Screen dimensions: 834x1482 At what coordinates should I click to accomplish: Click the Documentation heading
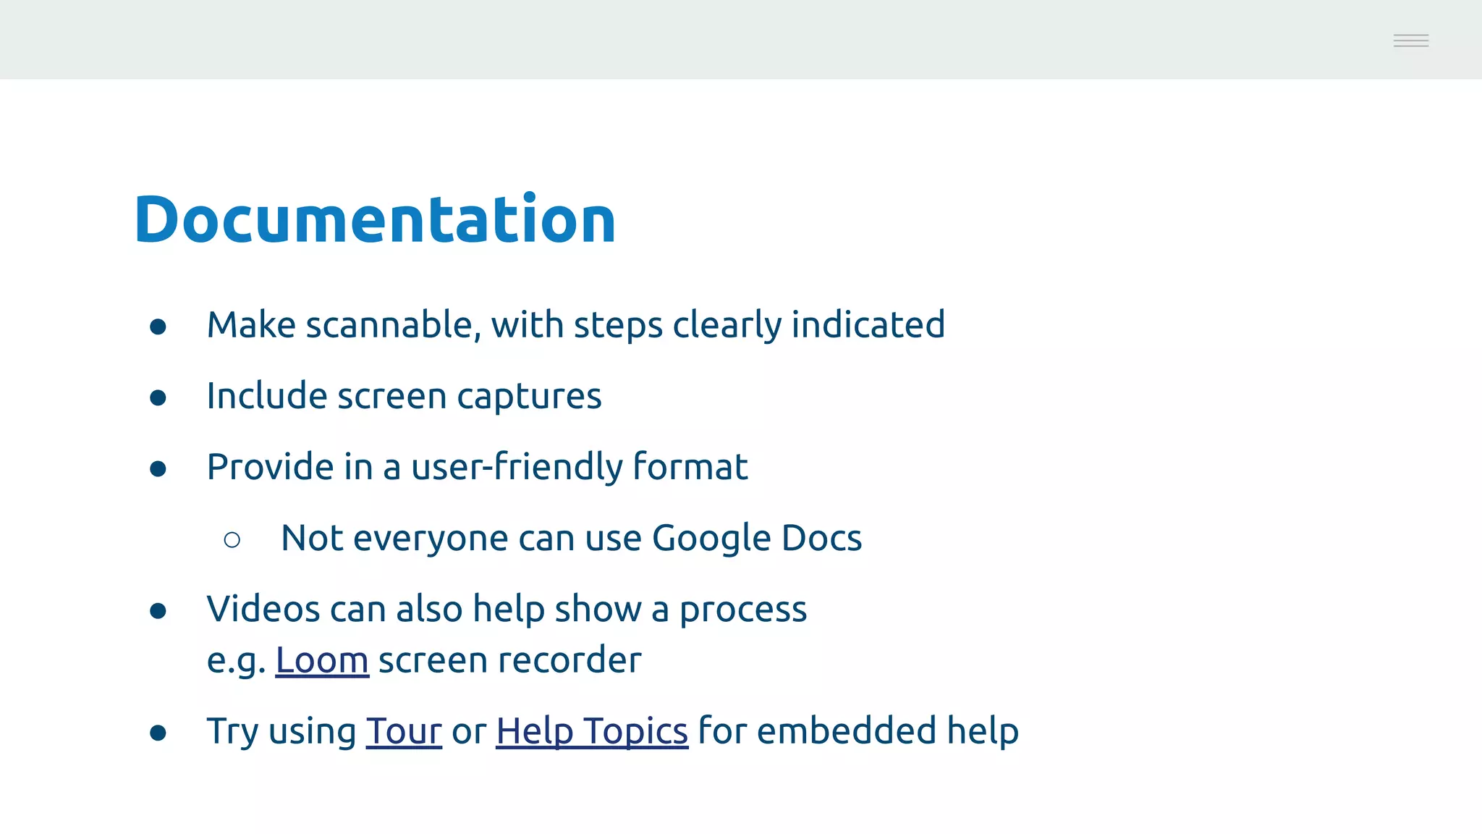(375, 219)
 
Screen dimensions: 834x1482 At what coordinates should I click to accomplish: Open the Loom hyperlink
(322, 660)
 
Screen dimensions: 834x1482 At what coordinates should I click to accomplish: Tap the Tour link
(404, 731)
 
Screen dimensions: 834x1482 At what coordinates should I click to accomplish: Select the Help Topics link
(591, 731)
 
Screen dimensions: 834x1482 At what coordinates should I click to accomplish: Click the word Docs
(821, 539)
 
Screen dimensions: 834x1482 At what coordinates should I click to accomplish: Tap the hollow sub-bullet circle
(232, 540)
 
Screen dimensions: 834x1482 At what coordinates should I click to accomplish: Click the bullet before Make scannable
(158, 327)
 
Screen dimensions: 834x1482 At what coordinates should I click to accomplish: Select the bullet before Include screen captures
(158, 398)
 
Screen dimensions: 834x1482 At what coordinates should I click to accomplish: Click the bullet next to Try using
(158, 733)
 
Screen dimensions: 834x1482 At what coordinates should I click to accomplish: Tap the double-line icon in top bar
(1410, 41)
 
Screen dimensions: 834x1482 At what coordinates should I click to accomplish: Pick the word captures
(529, 397)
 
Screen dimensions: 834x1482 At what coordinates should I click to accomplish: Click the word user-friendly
(517, 467)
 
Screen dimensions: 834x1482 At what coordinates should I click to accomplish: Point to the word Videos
(263, 609)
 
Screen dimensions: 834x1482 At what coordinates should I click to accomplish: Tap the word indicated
(868, 325)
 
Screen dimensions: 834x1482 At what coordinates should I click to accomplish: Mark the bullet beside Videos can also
(158, 611)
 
